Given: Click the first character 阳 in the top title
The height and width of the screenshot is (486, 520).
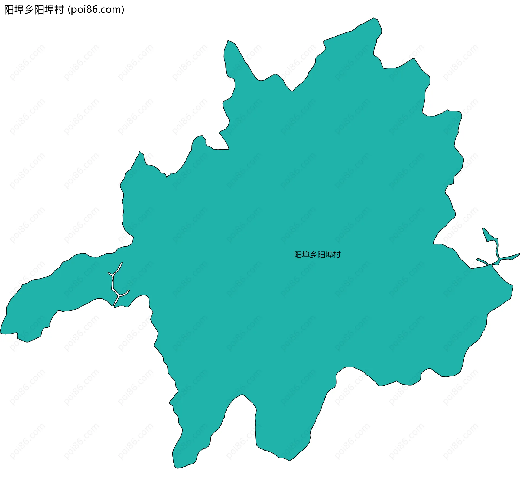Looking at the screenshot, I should (x=9, y=10).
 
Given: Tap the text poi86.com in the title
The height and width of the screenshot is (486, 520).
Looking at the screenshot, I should (x=96, y=10).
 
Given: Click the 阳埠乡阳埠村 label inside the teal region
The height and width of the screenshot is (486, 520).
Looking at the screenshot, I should (x=317, y=255).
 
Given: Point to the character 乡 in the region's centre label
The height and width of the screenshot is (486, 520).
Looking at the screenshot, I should (x=313, y=255).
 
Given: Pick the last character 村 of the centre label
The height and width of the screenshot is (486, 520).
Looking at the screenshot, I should (x=337, y=255).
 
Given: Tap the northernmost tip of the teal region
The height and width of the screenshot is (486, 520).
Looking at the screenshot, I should (x=374, y=18).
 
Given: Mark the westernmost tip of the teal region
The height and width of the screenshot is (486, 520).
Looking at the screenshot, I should (x=1, y=333).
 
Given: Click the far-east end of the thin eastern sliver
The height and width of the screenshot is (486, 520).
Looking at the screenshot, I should (x=519, y=254).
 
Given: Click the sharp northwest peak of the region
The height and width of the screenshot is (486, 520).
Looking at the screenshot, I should (x=228, y=41).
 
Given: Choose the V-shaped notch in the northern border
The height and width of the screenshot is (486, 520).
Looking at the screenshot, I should (x=292, y=90).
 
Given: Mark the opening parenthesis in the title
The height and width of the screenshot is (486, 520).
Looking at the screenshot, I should (x=69, y=10).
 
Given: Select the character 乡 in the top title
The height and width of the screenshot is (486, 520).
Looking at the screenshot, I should (x=29, y=10).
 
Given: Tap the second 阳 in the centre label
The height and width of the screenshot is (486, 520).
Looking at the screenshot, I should (x=321, y=255).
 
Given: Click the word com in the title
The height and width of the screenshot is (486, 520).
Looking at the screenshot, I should (x=112, y=10).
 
